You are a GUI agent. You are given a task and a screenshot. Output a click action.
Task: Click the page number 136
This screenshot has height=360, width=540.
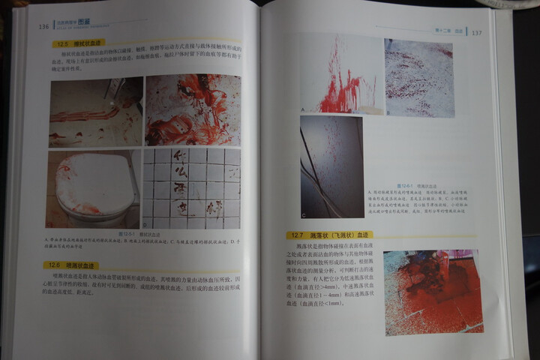coord(43,27)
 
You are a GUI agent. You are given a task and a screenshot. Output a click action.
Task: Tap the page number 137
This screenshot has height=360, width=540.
coord(477,32)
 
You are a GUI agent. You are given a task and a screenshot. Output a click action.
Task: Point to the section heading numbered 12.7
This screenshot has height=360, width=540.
coord(330,235)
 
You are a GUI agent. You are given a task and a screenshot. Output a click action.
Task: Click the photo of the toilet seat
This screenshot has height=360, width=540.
coord(93,189)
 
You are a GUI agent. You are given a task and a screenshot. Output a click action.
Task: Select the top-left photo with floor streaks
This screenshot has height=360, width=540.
coord(95,112)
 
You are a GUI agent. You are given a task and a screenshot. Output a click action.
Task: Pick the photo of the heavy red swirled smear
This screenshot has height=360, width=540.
coord(192,109)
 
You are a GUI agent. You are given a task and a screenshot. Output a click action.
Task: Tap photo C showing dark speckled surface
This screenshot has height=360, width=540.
coord(331,165)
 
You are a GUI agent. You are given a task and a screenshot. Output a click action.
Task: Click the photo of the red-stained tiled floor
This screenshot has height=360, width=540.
coord(432,291)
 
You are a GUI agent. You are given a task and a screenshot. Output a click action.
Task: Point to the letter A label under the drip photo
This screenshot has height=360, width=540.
coord(302,110)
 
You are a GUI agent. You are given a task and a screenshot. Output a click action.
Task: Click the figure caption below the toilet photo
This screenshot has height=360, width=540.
coord(142,241)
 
